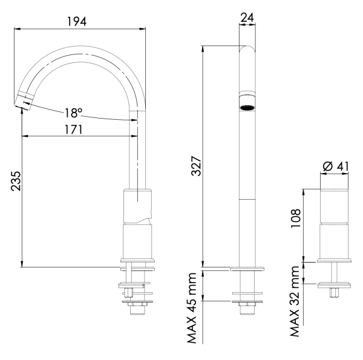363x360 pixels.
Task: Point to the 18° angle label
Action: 73,113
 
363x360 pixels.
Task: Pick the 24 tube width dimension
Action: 246,18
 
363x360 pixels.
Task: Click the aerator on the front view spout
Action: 246,107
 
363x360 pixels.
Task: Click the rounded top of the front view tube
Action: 246,50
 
